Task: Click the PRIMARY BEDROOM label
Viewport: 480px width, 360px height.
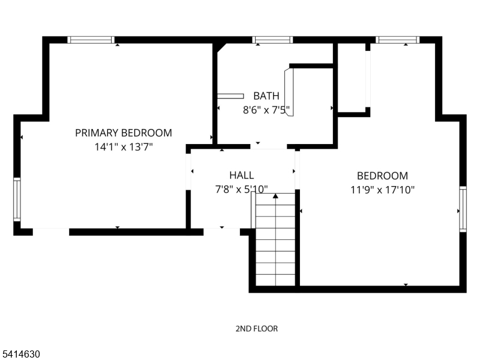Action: (x=124, y=133)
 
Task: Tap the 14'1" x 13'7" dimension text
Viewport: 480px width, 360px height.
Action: (x=124, y=147)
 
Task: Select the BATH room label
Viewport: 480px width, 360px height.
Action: (x=266, y=96)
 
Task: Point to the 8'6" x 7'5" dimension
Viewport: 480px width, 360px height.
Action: (x=266, y=110)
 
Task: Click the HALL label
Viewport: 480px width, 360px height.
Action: (x=242, y=175)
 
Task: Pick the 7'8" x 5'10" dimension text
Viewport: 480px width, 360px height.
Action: (x=242, y=190)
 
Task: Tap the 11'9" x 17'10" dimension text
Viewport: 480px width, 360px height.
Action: (x=382, y=190)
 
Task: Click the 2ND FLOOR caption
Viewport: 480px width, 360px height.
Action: (x=257, y=329)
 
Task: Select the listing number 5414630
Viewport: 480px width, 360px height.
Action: (x=20, y=354)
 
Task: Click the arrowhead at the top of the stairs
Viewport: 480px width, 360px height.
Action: (x=275, y=196)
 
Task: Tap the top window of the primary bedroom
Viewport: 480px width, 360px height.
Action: (x=91, y=40)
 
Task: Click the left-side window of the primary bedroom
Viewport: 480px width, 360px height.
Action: (x=17, y=199)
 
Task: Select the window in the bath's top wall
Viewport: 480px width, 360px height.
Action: (x=272, y=40)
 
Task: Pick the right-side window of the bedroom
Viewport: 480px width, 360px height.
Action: (x=463, y=209)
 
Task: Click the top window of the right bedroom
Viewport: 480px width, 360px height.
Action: (x=398, y=40)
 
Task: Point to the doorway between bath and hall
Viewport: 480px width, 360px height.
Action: (x=268, y=146)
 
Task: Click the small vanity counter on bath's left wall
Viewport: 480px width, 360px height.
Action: (x=230, y=96)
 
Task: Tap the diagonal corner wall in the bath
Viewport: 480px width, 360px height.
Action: (x=221, y=48)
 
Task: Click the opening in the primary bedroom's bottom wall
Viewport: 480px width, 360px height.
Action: (x=51, y=232)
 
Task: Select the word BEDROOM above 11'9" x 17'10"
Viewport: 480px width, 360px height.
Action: (x=382, y=176)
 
